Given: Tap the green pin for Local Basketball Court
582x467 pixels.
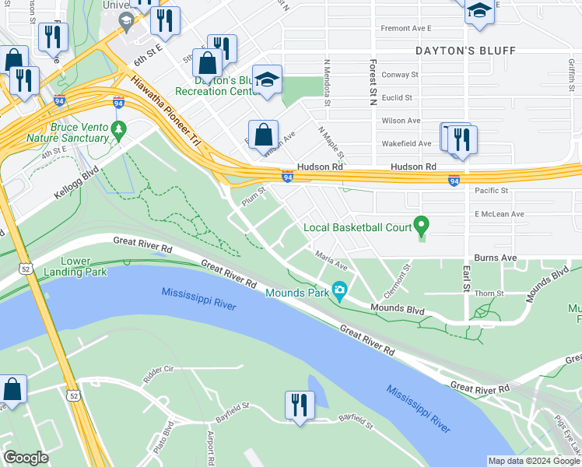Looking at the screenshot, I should click(x=422, y=226).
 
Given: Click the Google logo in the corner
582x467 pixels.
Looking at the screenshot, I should click(x=26, y=458).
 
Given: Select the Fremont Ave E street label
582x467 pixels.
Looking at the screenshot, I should click(x=405, y=28).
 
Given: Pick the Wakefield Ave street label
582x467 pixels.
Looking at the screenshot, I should click(x=406, y=143).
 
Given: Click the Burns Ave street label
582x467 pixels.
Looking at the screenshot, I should click(x=495, y=257).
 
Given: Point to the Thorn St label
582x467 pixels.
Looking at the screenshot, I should click(x=490, y=293).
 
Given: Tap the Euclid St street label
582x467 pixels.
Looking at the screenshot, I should click(x=396, y=97).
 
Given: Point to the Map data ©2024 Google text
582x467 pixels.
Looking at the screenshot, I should click(x=534, y=461).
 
